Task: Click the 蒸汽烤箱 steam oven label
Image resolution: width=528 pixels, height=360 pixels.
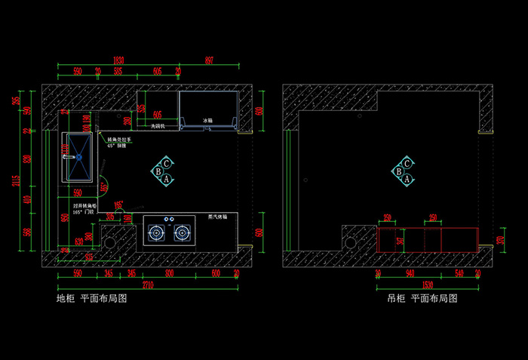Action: coord(216,217)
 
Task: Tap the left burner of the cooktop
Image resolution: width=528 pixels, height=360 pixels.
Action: coord(156,233)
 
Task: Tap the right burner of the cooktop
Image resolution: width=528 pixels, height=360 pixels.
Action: coord(182,233)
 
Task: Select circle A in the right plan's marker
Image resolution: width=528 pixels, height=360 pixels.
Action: coord(407,180)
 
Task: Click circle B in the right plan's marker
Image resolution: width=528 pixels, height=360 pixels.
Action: coord(398,172)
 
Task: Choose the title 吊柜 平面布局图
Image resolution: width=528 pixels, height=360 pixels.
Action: coord(422,300)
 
